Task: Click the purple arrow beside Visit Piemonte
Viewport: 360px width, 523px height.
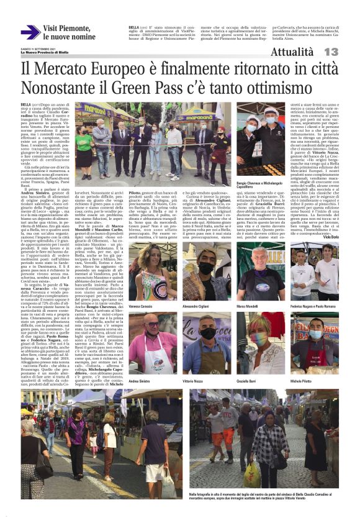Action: (x=30, y=32)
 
